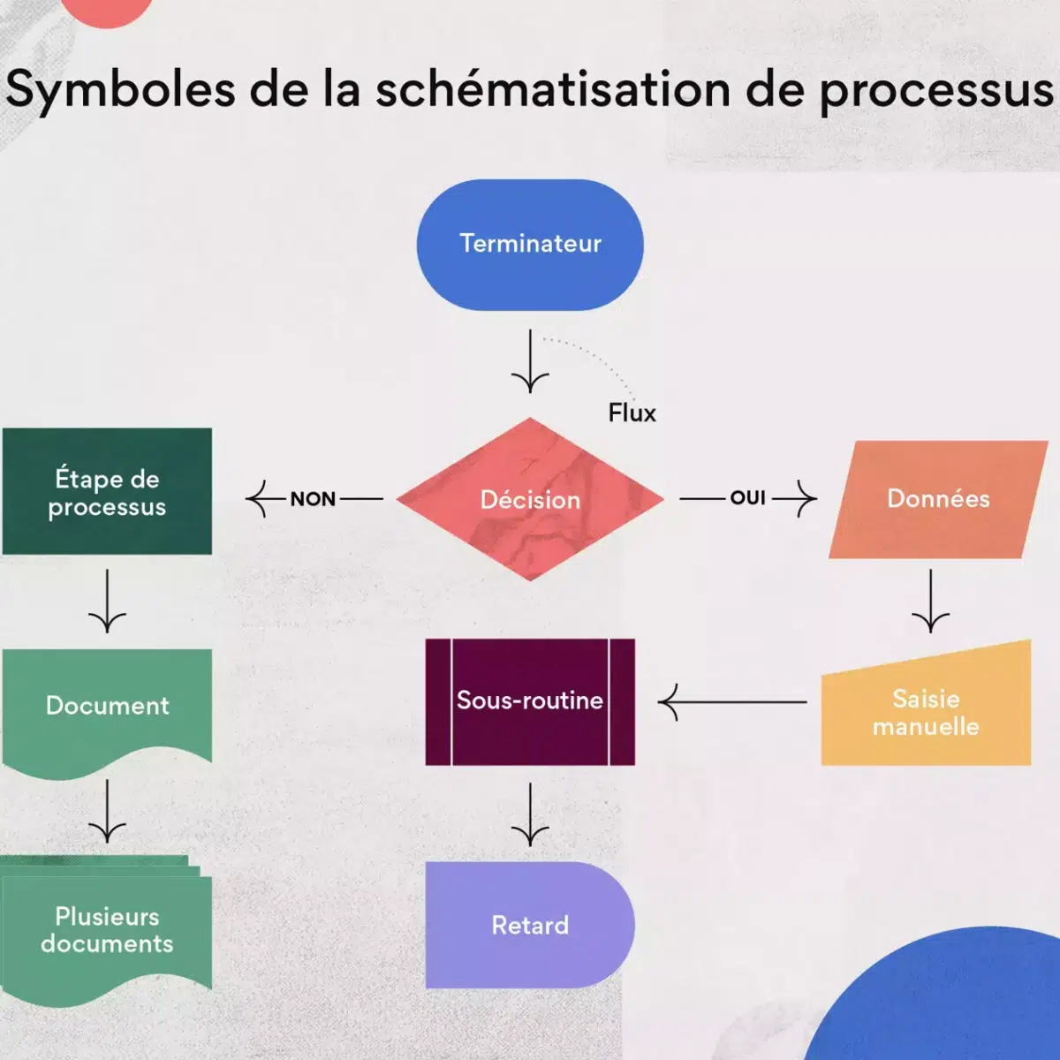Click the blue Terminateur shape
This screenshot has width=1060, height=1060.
point(530,245)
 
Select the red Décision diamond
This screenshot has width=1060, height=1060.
point(530,499)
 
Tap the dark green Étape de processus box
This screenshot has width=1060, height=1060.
point(107,492)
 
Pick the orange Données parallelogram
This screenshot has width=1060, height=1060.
point(938,499)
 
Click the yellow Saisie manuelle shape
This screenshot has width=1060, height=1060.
point(926,712)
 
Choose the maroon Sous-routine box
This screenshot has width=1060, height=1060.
point(530,701)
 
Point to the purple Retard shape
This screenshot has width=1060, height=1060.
point(530,925)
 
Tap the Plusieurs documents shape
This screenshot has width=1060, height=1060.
point(107,930)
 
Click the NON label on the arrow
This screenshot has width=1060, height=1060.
point(313,499)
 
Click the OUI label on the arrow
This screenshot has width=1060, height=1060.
point(747,498)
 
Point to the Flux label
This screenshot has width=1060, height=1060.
point(632,413)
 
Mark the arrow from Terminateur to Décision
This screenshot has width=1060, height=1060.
point(530,362)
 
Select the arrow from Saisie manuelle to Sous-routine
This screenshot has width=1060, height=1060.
point(733,702)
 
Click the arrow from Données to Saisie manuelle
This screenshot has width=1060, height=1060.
point(930,601)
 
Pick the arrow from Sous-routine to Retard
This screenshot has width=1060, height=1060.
point(530,814)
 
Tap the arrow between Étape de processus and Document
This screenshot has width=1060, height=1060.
point(107,601)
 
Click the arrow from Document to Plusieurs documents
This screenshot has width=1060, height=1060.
point(107,811)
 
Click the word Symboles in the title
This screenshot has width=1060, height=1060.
point(120,90)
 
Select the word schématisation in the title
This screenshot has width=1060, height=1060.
point(553,90)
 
